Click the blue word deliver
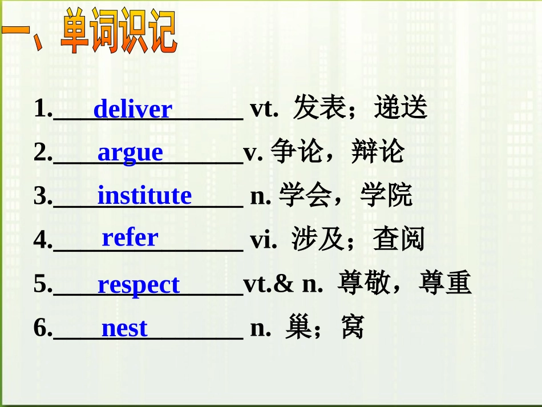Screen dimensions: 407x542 132,109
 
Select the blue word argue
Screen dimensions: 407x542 130,153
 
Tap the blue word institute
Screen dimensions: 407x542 144,196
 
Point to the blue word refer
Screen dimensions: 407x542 130,237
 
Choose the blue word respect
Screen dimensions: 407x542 138,284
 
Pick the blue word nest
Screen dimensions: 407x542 124,328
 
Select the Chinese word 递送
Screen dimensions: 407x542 401,108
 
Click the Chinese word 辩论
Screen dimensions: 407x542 378,152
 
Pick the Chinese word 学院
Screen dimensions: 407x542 386,196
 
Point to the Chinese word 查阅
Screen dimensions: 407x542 399,240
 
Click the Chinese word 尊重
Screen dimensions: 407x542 445,284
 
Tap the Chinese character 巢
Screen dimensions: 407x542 299,328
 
